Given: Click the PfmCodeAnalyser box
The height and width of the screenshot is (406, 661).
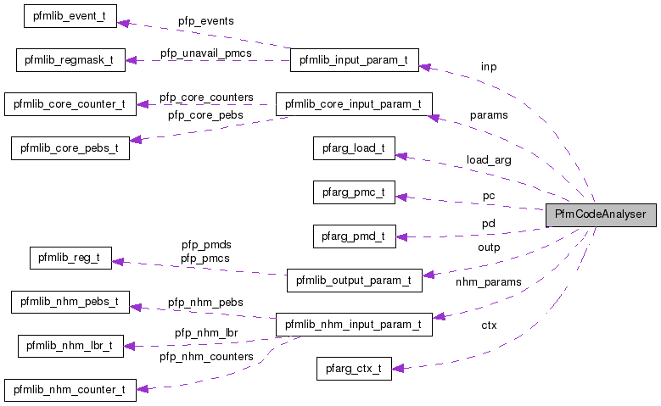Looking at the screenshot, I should coord(601,214).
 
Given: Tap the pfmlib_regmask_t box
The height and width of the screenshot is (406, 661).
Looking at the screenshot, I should coord(70,60).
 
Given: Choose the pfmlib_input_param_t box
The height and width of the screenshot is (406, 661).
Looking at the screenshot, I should coord(354,60).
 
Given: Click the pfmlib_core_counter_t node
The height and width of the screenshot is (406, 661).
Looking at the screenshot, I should coord(69,104).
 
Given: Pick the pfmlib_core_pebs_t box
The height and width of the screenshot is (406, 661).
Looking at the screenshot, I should coord(70,148).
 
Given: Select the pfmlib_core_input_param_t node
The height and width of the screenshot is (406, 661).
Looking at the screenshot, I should coord(354,104).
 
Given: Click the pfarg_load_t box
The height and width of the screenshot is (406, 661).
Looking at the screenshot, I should coord(354,148).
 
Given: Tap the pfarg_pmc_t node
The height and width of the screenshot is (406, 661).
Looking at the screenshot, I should coord(354,192).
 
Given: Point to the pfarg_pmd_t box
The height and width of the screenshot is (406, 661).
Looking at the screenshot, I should coord(354,236).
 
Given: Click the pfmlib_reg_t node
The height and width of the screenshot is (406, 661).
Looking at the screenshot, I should coord(70,258).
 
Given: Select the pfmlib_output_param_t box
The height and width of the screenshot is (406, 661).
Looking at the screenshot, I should coord(354,280).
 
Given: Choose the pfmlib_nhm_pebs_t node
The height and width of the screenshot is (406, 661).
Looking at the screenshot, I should coord(70,302).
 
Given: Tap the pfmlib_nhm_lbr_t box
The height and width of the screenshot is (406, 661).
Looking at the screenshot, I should coord(70,346).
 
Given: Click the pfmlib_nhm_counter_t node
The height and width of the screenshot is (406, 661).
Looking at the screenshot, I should coord(69,390).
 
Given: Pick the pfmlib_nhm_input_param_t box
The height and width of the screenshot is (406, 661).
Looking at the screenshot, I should coord(354,324).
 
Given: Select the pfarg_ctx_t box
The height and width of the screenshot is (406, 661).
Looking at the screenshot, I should coord(354,368).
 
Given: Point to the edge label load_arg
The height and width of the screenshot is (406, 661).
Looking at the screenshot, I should coord(489,159).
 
